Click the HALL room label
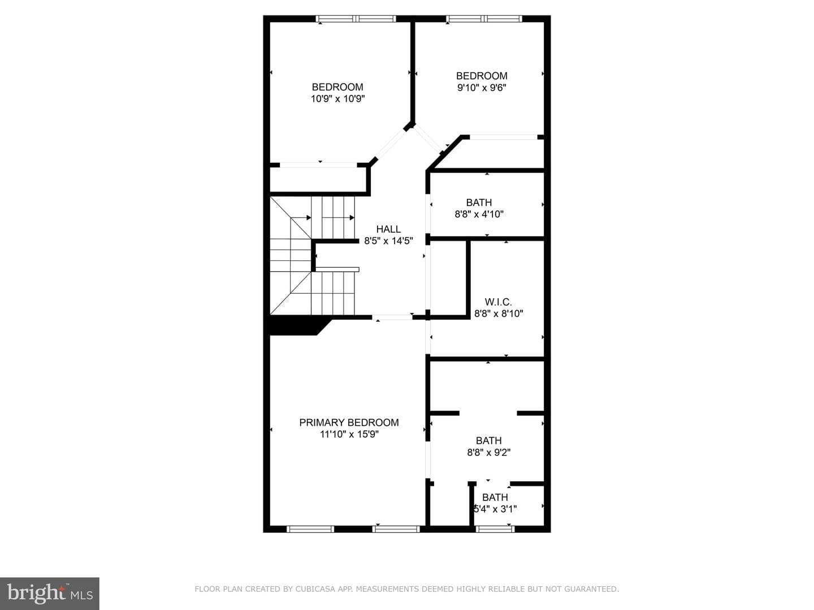point(388,229)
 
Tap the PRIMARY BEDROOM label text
point(349,422)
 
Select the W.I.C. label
point(498,302)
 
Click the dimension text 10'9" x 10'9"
point(337,99)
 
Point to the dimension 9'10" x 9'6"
point(482,88)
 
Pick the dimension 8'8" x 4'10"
point(479,214)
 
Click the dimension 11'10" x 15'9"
point(349,434)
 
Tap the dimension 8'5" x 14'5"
point(388,241)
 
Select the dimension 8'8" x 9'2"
point(489,452)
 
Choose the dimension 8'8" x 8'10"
point(499,313)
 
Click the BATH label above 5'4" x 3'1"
point(495,497)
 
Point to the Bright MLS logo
point(50,593)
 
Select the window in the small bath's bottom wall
point(495,529)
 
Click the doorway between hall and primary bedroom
point(392,317)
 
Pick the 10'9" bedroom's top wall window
point(356,19)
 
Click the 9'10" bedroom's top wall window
point(484,19)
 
